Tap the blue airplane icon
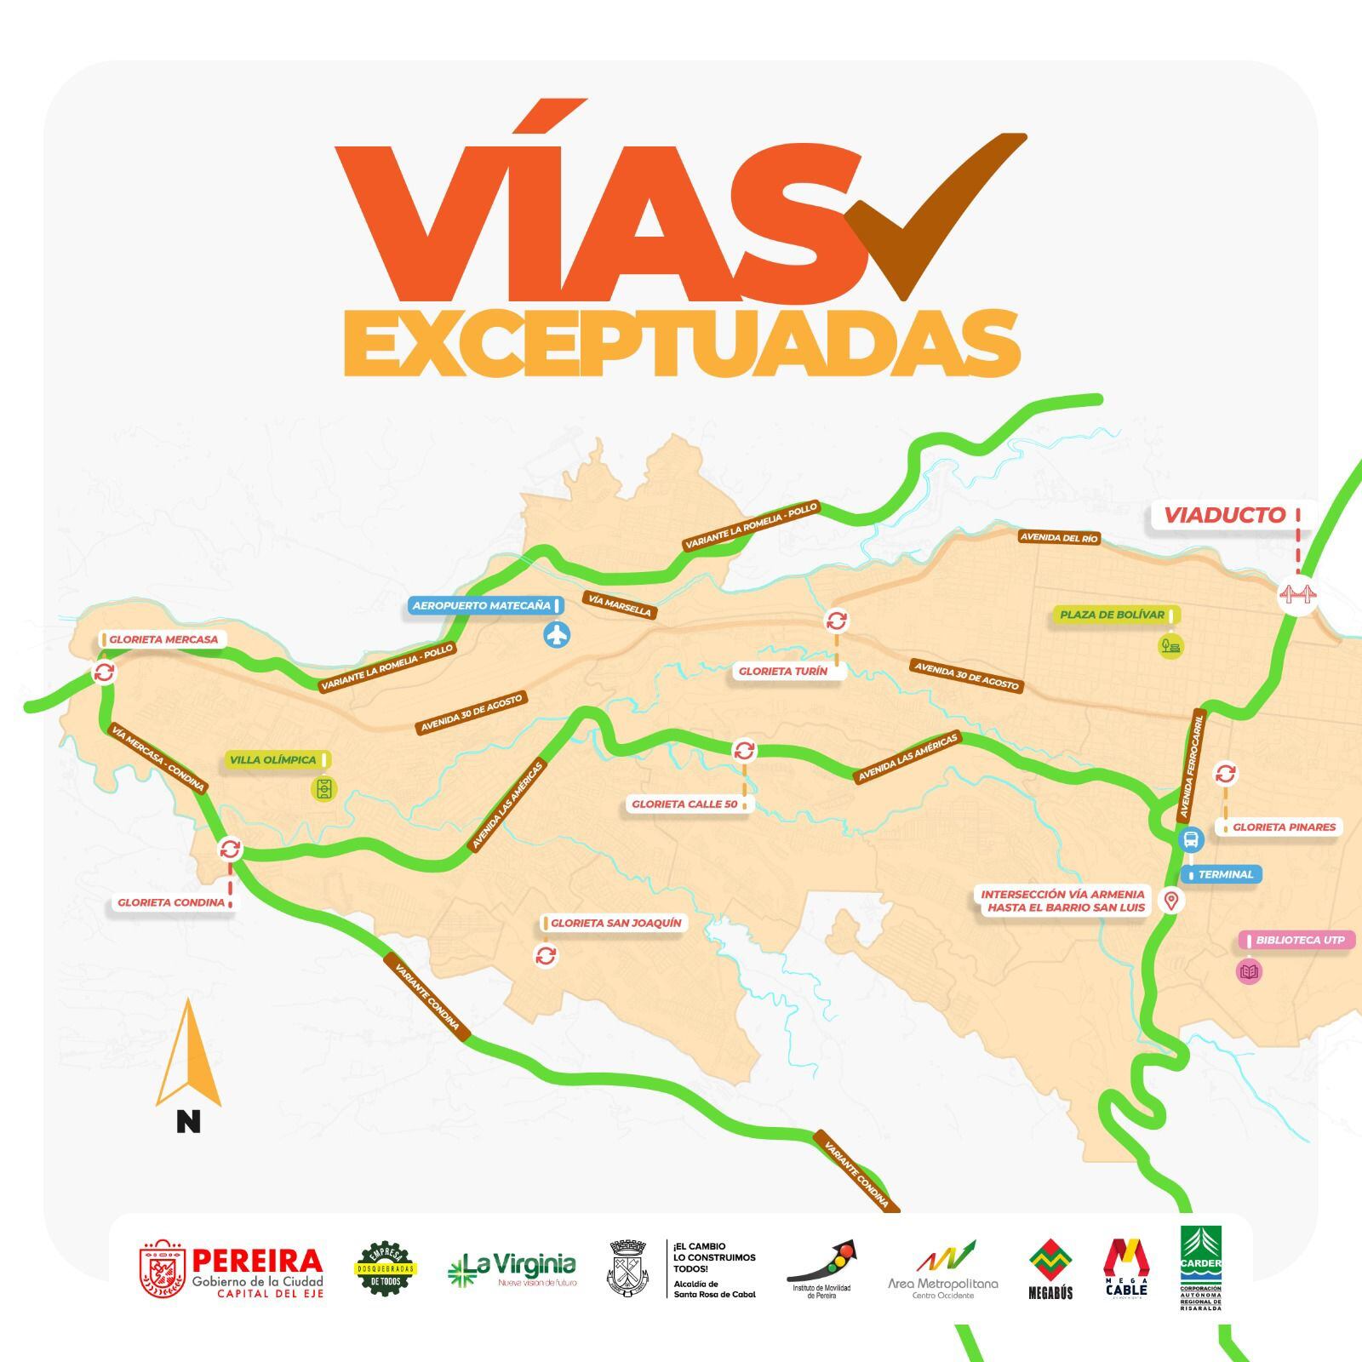[557, 634]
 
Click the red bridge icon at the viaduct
[1298, 595]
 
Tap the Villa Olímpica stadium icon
[324, 789]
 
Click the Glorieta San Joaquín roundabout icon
[546, 956]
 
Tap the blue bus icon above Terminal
[1192, 840]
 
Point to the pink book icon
[1249, 971]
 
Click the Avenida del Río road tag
[1060, 538]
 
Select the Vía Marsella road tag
[620, 604]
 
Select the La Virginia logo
[512, 1269]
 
